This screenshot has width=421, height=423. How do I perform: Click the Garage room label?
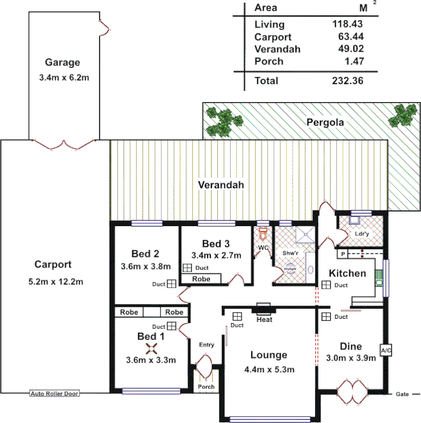tap(62, 61)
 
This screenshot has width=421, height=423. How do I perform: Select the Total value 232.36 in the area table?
tap(347, 81)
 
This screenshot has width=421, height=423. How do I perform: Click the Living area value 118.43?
tap(347, 24)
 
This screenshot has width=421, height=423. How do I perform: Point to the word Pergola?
tap(325, 122)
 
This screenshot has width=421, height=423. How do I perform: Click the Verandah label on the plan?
tap(221, 185)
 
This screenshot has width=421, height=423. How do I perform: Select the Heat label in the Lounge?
tap(264, 320)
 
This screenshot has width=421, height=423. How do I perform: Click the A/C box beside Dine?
tap(385, 350)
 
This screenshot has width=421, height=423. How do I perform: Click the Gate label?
tap(402, 394)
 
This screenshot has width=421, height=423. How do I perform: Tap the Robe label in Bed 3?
tap(200, 279)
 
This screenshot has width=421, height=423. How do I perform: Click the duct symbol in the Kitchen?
tap(326, 285)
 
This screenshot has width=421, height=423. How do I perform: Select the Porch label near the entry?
tap(206, 387)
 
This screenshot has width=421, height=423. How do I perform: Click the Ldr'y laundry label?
tap(361, 233)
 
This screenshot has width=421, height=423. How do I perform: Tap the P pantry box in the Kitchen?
tap(343, 254)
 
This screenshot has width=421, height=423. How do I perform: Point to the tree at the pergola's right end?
tap(404, 115)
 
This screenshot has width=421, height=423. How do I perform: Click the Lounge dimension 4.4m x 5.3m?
tap(269, 369)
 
